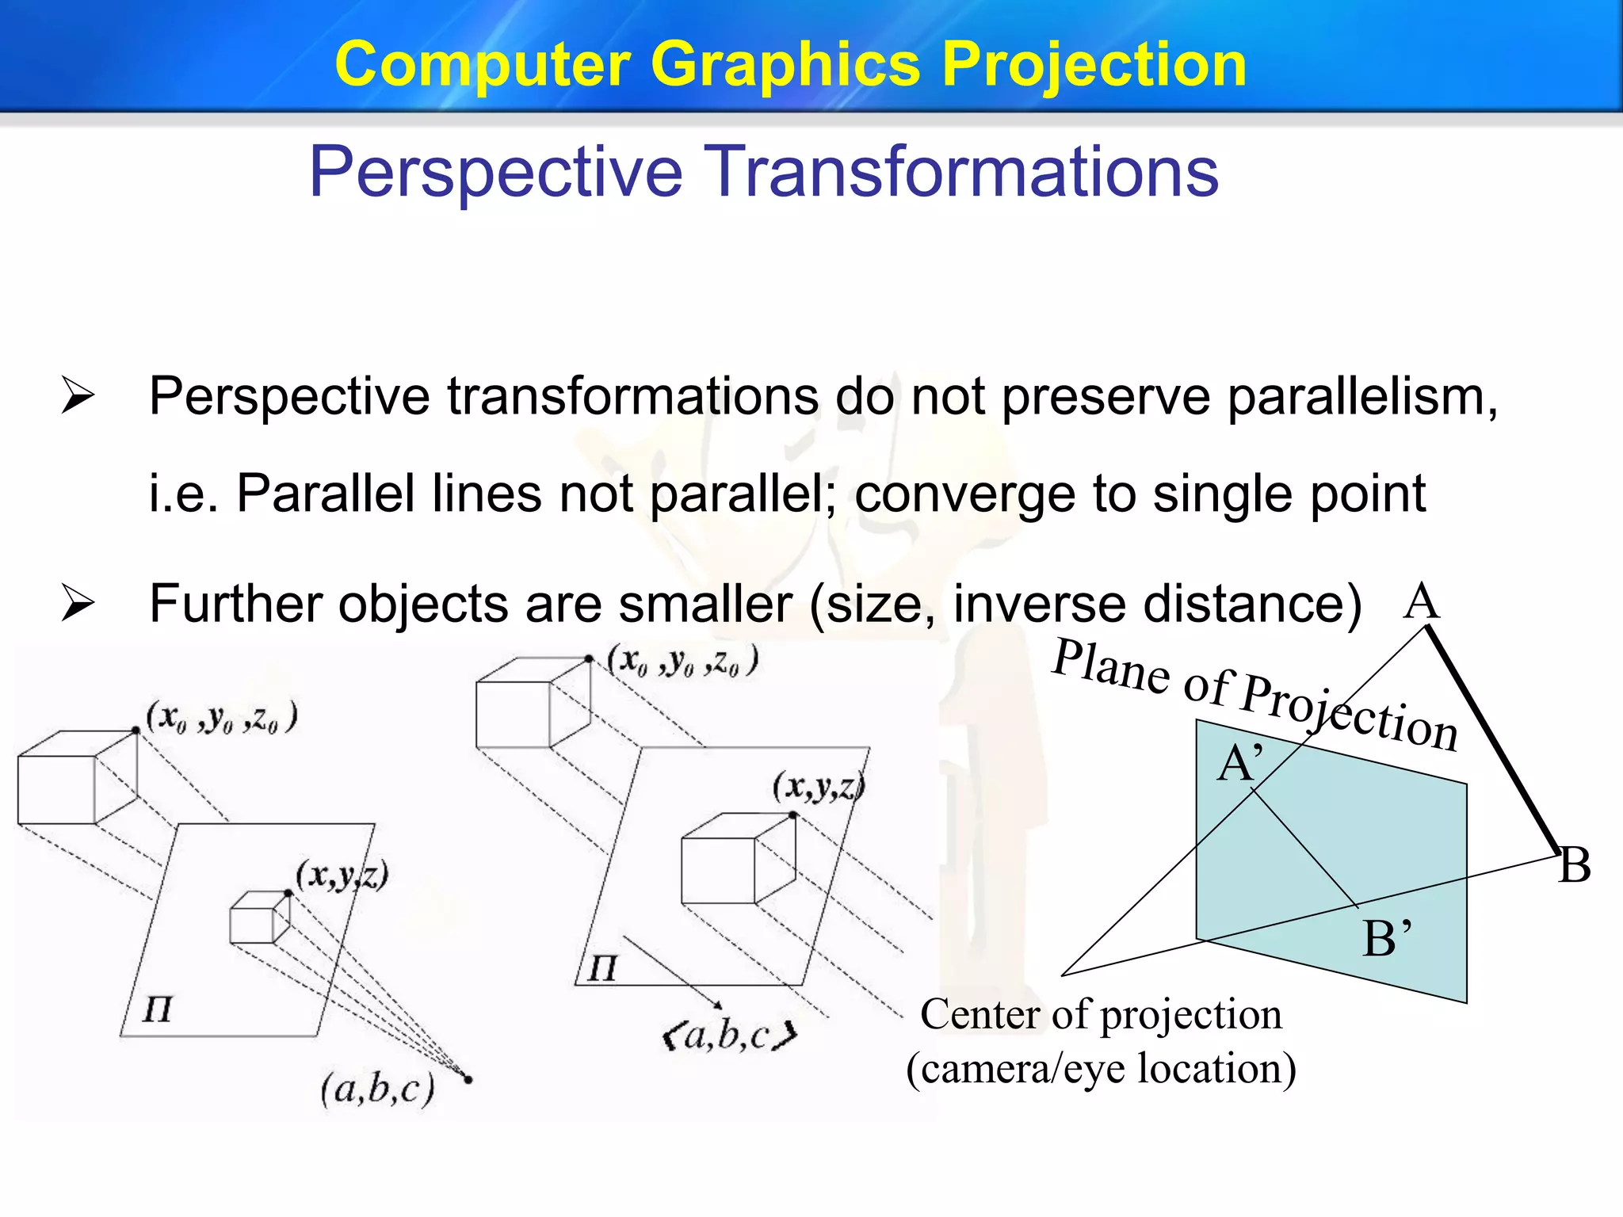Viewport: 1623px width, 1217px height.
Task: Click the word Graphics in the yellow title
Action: click(785, 65)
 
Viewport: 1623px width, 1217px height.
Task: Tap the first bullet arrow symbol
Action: click(78, 395)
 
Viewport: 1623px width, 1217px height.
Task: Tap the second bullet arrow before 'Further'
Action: click(78, 604)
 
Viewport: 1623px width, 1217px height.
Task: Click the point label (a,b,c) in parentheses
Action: click(378, 1089)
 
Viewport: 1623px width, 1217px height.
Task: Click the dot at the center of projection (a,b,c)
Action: click(468, 1079)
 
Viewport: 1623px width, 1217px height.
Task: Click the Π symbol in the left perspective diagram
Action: click(157, 1010)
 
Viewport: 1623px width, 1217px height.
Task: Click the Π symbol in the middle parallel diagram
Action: click(601, 968)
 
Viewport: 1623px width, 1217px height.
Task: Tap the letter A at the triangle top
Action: click(1421, 601)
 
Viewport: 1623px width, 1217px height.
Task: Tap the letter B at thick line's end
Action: click(1575, 864)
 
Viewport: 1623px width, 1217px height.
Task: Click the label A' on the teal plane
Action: click(1239, 764)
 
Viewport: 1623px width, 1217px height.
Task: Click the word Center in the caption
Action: click(980, 1015)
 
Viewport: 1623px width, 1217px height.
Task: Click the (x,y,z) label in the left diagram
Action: click(342, 876)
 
